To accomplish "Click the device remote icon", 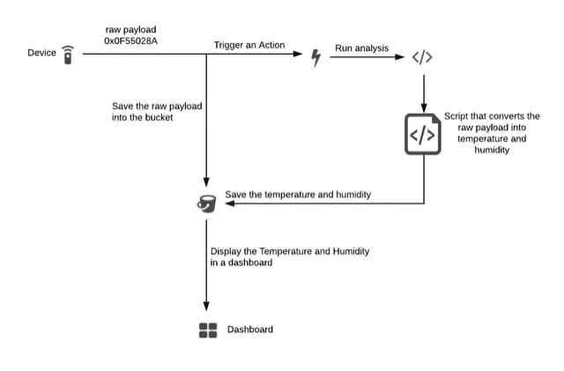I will (x=68, y=56).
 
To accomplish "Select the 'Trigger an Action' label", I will (x=251, y=45).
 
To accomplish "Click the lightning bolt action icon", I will (x=316, y=57).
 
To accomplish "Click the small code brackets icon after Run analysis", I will (x=423, y=57).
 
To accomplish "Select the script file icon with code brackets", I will (x=422, y=134).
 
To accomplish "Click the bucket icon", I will (x=205, y=203).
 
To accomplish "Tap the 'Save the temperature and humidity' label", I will (x=298, y=194).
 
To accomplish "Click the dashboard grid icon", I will (x=208, y=330).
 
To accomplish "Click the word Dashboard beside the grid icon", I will (x=250, y=330).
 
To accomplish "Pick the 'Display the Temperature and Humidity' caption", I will (x=289, y=251).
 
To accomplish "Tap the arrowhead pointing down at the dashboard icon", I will (x=206, y=308).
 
